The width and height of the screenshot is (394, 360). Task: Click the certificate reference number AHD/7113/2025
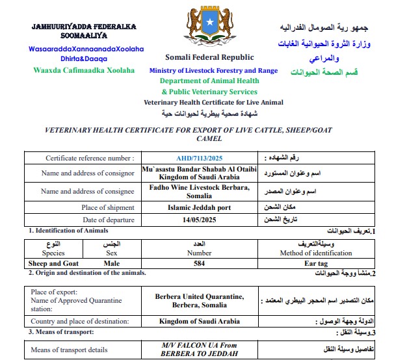[x=199, y=158]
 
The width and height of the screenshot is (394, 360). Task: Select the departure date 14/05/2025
[x=199, y=220]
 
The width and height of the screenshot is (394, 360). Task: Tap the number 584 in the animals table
[x=199, y=264]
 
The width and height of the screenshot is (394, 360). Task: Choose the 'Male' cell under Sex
[x=112, y=264]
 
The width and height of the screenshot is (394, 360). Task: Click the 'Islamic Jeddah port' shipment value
[x=199, y=207]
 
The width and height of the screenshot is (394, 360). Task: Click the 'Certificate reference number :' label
[x=90, y=158]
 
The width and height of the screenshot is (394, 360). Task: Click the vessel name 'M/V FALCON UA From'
[x=200, y=346]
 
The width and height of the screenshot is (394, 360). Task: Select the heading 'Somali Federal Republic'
[x=200, y=57]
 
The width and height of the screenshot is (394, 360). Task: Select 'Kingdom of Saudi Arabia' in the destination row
[x=199, y=321]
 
